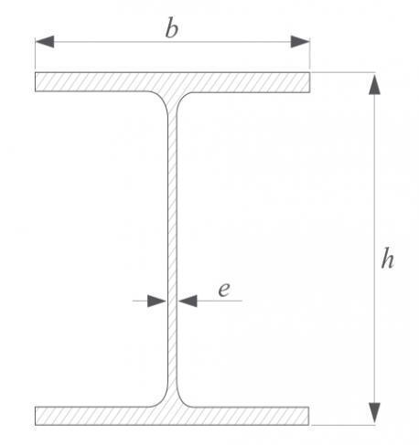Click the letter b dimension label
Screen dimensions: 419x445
(x=172, y=29)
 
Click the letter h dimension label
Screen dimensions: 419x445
(x=388, y=259)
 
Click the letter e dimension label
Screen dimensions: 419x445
(x=224, y=290)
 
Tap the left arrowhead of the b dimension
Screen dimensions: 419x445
(x=45, y=42)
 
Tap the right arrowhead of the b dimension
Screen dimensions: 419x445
(x=300, y=42)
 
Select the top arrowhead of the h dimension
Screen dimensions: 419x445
(x=374, y=84)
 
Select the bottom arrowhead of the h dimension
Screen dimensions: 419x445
(x=374, y=413)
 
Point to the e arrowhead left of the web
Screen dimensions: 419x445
(x=157, y=301)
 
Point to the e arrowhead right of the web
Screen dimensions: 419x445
(x=188, y=301)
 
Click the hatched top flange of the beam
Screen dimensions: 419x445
(x=172, y=82)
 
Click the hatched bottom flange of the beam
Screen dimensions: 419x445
(x=172, y=416)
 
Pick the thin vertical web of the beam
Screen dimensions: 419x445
(x=172, y=249)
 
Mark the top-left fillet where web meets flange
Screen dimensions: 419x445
(x=161, y=98)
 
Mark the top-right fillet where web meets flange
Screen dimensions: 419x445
(x=184, y=98)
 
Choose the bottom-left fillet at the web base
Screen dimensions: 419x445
(x=161, y=399)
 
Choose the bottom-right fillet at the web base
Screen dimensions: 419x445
(x=184, y=399)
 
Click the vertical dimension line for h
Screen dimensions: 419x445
(x=374, y=249)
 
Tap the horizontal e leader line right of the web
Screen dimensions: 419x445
(x=220, y=301)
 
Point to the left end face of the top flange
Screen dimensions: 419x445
(x=35, y=82)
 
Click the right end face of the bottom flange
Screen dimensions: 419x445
(x=309, y=416)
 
